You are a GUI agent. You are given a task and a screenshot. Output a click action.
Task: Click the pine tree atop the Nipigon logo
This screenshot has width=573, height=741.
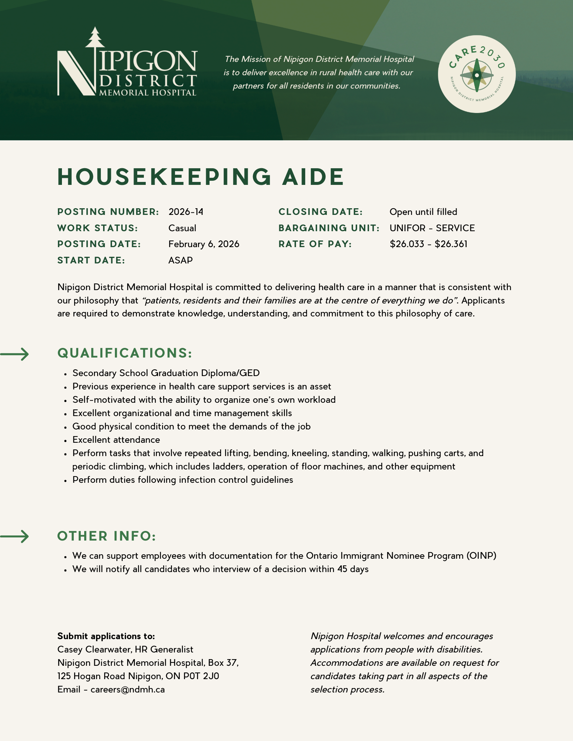tap(95, 37)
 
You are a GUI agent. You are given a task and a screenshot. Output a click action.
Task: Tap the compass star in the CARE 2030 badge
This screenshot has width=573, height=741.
tap(477, 75)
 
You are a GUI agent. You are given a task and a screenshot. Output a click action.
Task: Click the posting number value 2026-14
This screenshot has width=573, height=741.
tap(186, 212)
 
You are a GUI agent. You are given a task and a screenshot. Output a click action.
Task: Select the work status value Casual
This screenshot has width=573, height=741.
tap(182, 228)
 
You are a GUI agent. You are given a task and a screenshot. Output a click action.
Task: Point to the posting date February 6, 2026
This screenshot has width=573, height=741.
tap(204, 244)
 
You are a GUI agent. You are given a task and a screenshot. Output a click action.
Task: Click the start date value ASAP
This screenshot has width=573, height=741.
tap(180, 260)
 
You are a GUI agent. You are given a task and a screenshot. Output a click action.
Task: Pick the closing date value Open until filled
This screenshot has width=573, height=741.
tap(423, 212)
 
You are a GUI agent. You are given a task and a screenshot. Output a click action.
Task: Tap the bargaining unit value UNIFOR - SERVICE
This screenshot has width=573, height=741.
tap(432, 228)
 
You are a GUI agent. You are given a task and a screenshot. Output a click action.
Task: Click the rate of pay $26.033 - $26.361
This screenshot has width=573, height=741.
tap(428, 244)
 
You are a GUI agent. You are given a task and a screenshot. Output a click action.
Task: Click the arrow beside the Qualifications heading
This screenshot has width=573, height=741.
tap(15, 354)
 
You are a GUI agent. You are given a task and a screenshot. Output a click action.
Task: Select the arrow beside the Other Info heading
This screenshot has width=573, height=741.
tap(15, 536)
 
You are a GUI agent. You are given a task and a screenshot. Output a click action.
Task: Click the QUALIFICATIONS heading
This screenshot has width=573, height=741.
tap(125, 353)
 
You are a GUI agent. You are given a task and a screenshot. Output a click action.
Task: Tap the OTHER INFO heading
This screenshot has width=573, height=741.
tap(106, 536)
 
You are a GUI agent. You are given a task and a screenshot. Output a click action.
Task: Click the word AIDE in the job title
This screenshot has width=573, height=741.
tap(313, 177)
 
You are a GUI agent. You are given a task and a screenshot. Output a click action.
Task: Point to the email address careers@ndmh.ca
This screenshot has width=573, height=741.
tap(128, 690)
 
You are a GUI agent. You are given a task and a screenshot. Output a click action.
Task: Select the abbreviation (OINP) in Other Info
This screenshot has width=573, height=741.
tap(481, 556)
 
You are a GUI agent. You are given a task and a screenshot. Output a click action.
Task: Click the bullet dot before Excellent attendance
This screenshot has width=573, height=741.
tap(65, 441)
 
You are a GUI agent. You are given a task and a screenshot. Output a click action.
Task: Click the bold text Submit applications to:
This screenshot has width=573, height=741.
tap(106, 636)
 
